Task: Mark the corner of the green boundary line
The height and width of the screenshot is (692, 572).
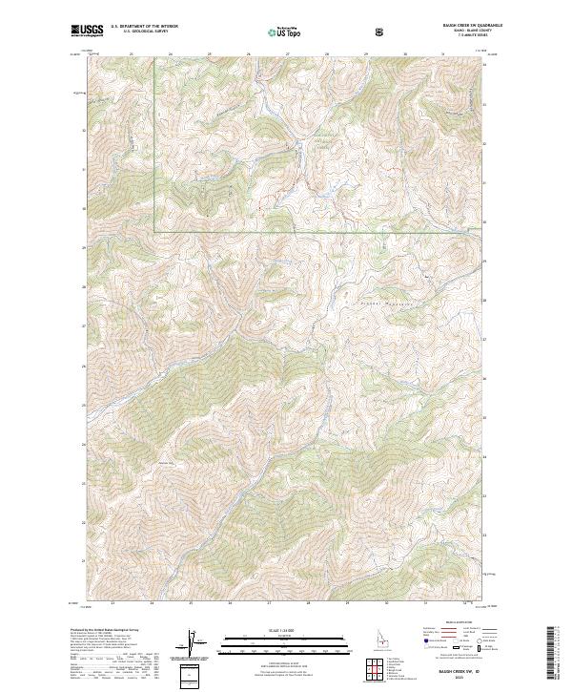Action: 155,231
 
